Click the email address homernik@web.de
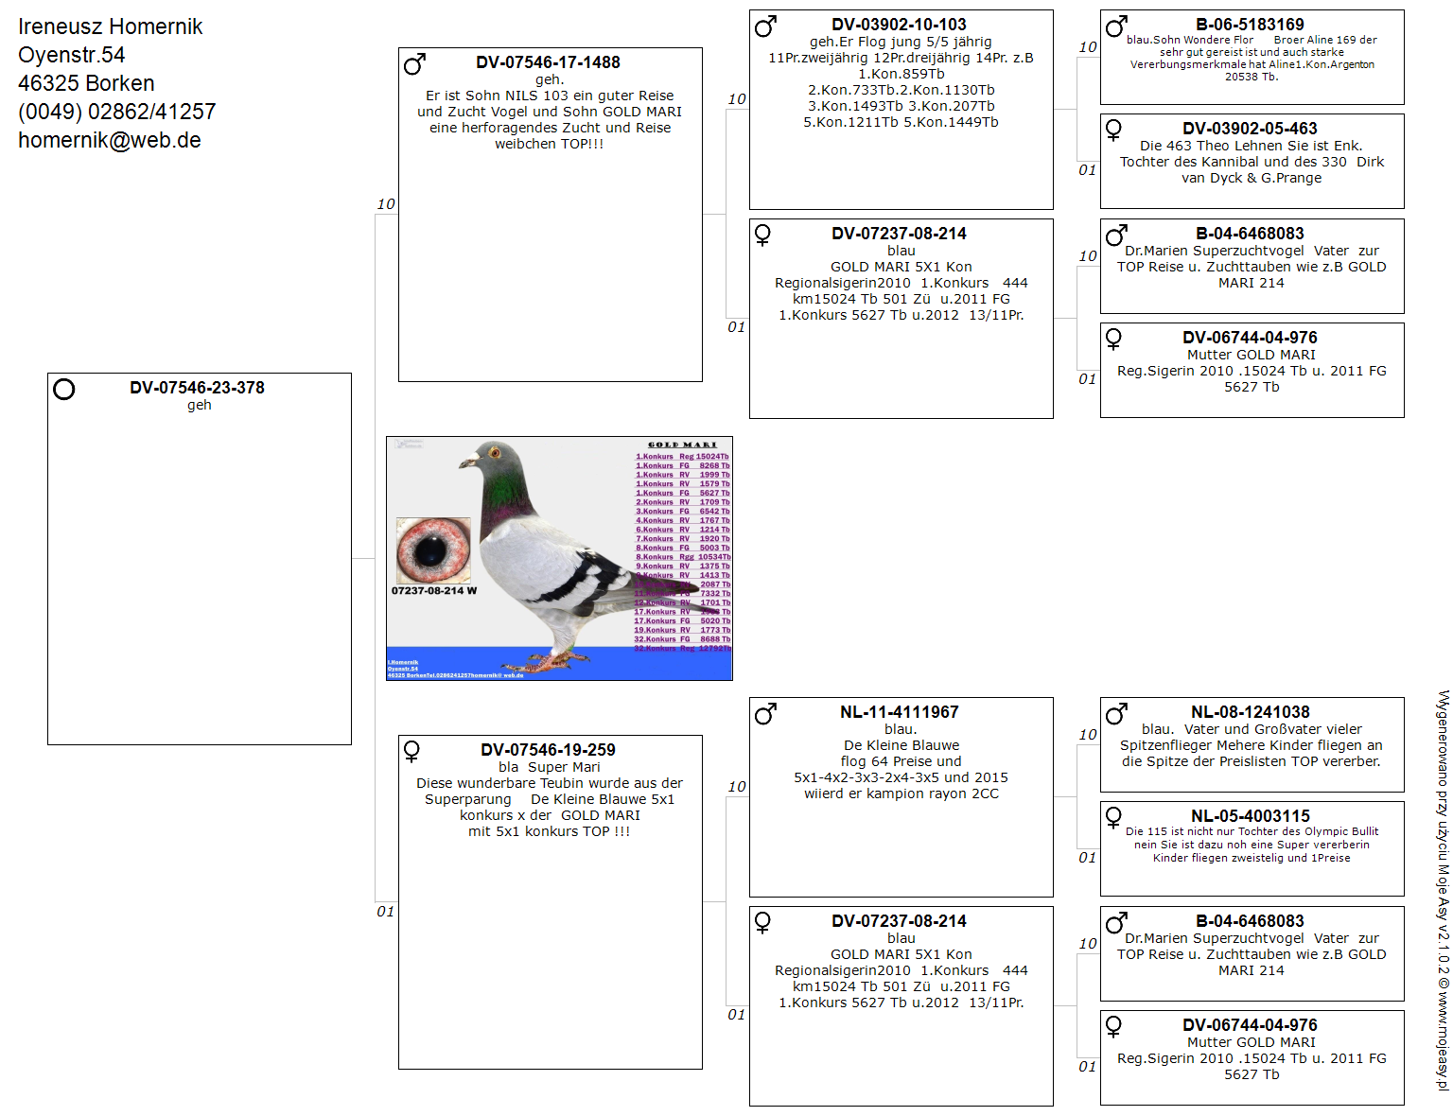click(109, 141)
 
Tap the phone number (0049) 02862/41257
click(116, 113)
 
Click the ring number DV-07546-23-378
click(197, 388)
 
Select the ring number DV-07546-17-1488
click(548, 62)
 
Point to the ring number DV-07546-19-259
click(548, 750)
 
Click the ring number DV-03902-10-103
click(899, 25)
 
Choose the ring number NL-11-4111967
click(899, 712)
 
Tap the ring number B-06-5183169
click(1250, 25)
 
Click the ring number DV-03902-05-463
click(1250, 129)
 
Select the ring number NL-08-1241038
click(1250, 712)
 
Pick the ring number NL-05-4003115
click(1250, 816)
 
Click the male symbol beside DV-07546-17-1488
click(414, 64)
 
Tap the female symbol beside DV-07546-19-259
click(412, 752)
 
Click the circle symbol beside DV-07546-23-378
click(64, 390)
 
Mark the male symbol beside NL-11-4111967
click(765, 714)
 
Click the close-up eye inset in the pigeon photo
click(433, 550)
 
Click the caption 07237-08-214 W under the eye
click(434, 591)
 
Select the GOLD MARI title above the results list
click(682, 445)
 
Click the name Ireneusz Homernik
click(110, 26)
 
